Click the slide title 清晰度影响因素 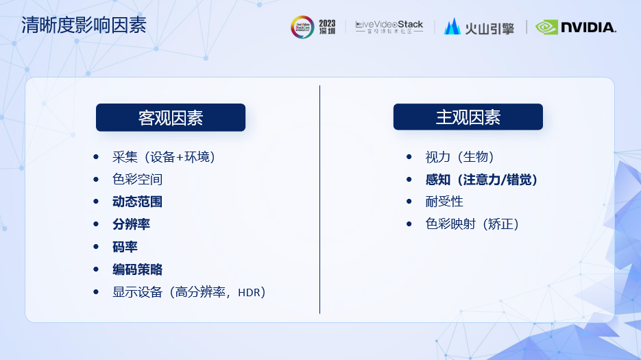click(x=84, y=25)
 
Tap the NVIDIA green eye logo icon click(x=546, y=27)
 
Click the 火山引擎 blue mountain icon click(x=452, y=27)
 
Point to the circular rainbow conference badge click(x=302, y=27)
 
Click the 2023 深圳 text click(x=327, y=27)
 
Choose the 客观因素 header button click(x=171, y=117)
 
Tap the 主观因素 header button click(x=468, y=117)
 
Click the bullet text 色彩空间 click(x=137, y=179)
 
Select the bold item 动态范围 click(x=137, y=202)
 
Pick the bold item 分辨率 click(x=131, y=224)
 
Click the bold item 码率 click(x=125, y=247)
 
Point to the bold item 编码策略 click(x=137, y=269)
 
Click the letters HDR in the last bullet click(x=249, y=293)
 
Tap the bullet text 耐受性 click(x=444, y=202)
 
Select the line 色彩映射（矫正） click(x=472, y=224)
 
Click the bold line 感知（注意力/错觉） click(x=481, y=180)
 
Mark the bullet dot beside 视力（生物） click(x=409, y=156)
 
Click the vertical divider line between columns click(x=319, y=200)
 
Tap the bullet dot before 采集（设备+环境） click(x=96, y=156)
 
